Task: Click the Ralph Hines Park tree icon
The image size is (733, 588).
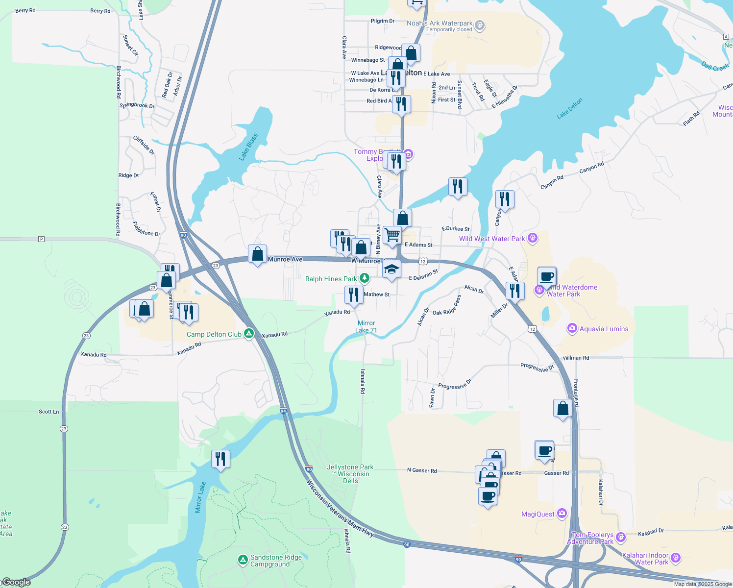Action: (364, 278)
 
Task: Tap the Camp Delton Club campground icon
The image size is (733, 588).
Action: (249, 334)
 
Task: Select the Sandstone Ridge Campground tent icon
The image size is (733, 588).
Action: (243, 560)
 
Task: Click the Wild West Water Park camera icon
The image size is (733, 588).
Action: (533, 238)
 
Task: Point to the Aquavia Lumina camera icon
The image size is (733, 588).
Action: (572, 328)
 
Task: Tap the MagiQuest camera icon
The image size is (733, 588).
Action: (562, 514)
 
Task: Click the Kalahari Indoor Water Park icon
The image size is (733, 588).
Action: (676, 558)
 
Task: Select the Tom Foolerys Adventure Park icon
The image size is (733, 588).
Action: (621, 537)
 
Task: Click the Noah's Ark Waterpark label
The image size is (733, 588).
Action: (440, 23)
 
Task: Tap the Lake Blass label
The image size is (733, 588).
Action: (248, 147)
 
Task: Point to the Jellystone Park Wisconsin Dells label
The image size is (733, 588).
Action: (350, 474)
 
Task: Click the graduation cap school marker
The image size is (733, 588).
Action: (391, 269)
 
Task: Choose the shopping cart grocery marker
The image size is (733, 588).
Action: (392, 235)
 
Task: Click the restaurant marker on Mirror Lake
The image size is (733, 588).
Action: (220, 459)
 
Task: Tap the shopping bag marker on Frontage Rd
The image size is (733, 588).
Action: (562, 408)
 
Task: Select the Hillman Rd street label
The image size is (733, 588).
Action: (576, 358)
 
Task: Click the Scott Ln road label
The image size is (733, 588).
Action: (49, 412)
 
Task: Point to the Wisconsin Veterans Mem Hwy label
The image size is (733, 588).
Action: (340, 508)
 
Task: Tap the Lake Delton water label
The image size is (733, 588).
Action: (570, 108)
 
